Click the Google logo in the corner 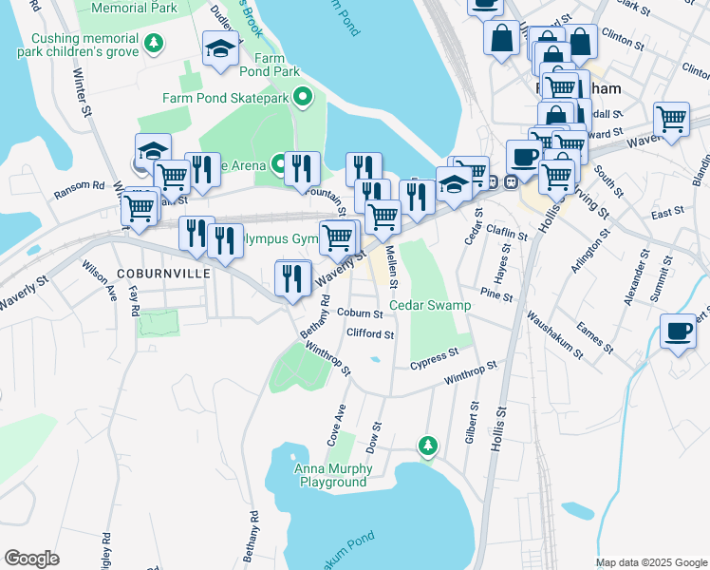(31, 559)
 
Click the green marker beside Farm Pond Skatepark (303, 96)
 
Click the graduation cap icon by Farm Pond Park (220, 48)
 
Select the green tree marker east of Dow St (428, 445)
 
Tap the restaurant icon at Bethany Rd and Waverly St (293, 278)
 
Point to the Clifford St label (370, 334)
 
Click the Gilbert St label (471, 412)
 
